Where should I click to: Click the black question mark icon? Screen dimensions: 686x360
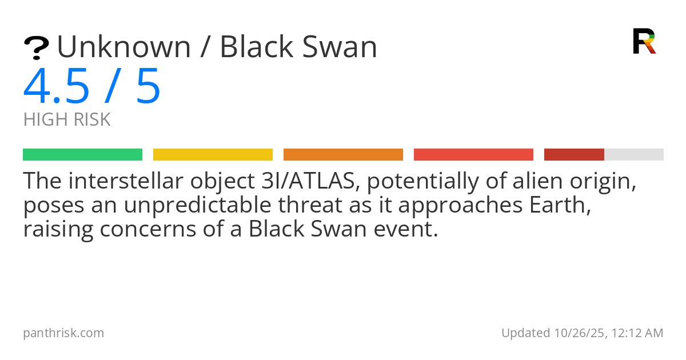click(x=37, y=48)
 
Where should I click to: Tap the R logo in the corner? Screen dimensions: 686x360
click(x=644, y=41)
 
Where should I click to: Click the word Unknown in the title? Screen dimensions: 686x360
click(x=124, y=47)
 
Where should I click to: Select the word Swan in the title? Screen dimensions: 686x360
click(x=340, y=47)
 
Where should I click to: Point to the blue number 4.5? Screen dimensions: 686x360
click(x=57, y=86)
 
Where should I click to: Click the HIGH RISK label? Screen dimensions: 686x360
click(x=67, y=119)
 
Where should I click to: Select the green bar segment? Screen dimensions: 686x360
click(x=83, y=155)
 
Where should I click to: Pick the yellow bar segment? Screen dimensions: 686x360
click(x=213, y=155)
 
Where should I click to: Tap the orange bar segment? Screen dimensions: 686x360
click(x=344, y=155)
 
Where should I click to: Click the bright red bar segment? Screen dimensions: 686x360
click(x=473, y=155)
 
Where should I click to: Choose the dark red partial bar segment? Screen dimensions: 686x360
click(x=574, y=155)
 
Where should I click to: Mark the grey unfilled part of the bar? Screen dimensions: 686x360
click(x=634, y=155)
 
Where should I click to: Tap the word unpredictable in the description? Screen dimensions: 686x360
click(x=198, y=205)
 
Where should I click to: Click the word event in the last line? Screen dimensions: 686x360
click(x=406, y=229)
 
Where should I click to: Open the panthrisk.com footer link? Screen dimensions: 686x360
click(x=63, y=333)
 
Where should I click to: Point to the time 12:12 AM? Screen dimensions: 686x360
click(x=637, y=333)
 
